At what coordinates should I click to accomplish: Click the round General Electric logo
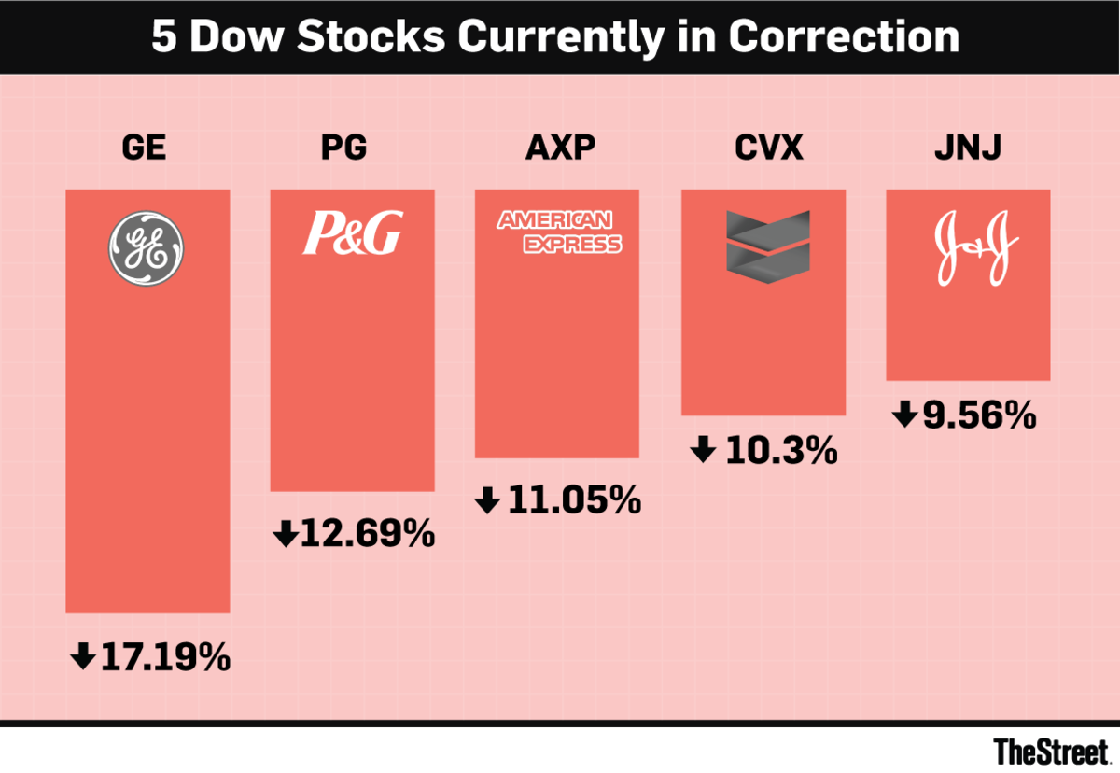[x=147, y=247]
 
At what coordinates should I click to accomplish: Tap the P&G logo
[x=352, y=233]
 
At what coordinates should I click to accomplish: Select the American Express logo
[x=558, y=232]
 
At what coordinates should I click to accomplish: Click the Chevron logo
[x=763, y=243]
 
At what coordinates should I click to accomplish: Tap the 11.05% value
[x=574, y=501]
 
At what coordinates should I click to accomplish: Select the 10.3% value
[x=780, y=452]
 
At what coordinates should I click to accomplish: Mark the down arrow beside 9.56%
[x=903, y=415]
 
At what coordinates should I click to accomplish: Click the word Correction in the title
[x=843, y=37]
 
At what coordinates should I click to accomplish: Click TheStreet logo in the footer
[x=1049, y=751]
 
